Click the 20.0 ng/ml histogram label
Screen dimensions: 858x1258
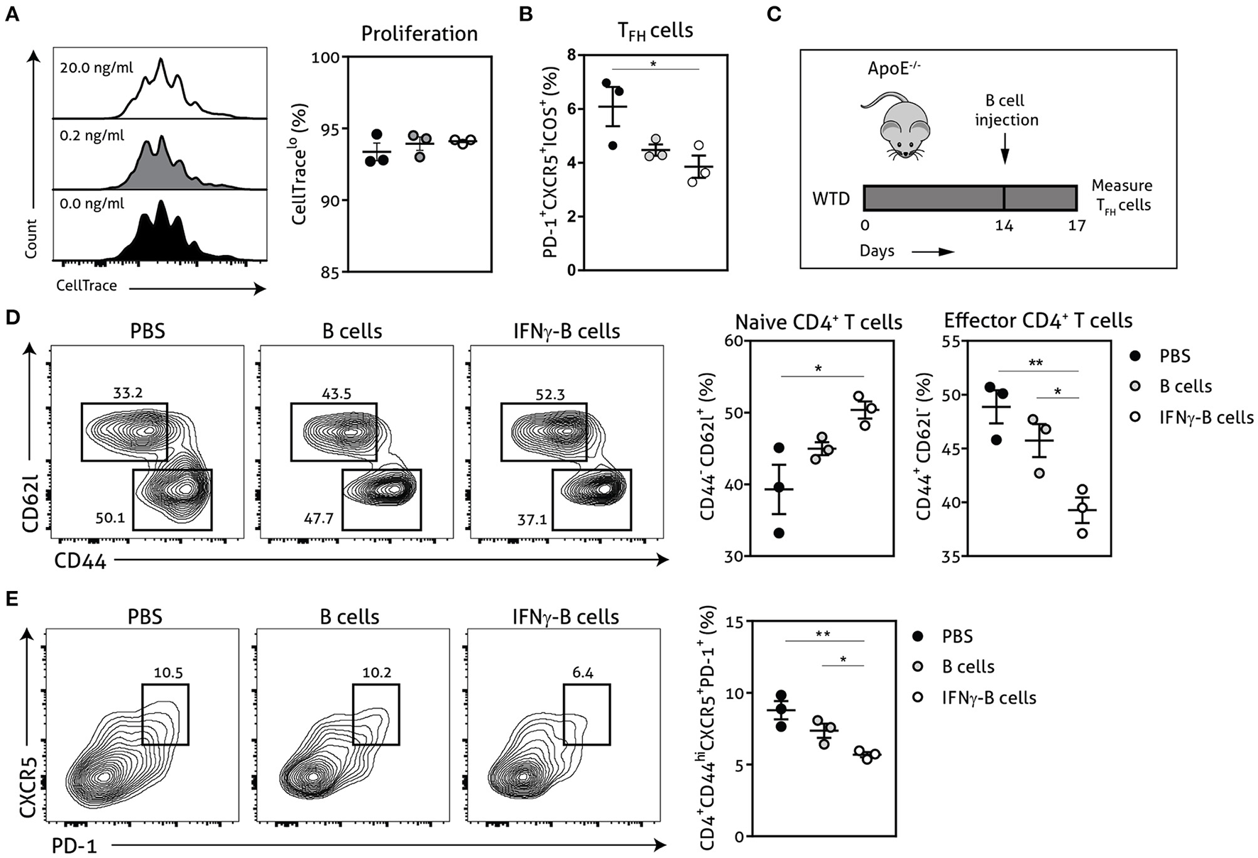point(97,68)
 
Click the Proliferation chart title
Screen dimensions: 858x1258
point(419,33)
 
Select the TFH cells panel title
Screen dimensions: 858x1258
point(655,31)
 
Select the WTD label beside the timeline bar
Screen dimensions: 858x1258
point(831,198)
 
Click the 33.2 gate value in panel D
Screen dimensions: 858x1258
point(128,393)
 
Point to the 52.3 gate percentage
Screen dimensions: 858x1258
point(550,394)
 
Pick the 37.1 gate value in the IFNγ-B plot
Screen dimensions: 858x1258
point(532,519)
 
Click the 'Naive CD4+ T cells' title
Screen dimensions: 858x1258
point(819,322)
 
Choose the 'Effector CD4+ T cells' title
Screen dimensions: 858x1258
point(1038,321)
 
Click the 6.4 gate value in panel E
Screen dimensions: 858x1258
point(583,672)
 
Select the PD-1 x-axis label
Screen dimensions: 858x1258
point(75,845)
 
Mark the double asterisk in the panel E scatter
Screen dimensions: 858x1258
point(824,634)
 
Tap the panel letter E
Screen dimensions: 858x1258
point(11,599)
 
